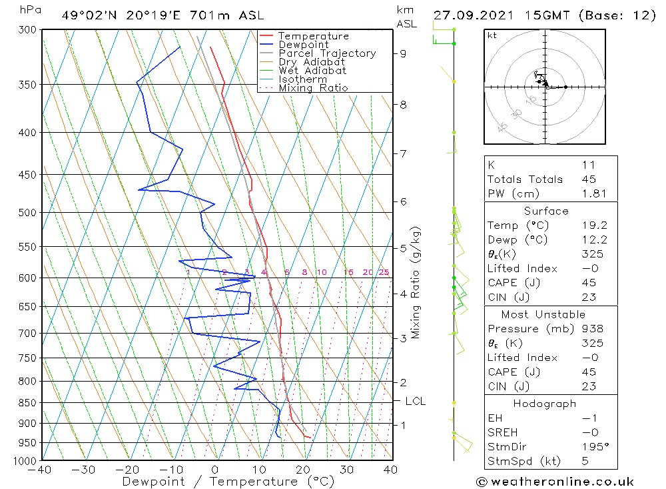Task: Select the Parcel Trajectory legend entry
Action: (327, 53)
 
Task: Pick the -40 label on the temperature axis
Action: (41, 470)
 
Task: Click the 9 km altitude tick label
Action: (404, 53)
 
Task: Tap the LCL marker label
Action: (415, 401)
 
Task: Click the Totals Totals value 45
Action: (589, 179)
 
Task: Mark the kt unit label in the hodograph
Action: (492, 35)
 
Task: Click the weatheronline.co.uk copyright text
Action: (555, 482)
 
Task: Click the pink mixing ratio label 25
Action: (384, 272)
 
